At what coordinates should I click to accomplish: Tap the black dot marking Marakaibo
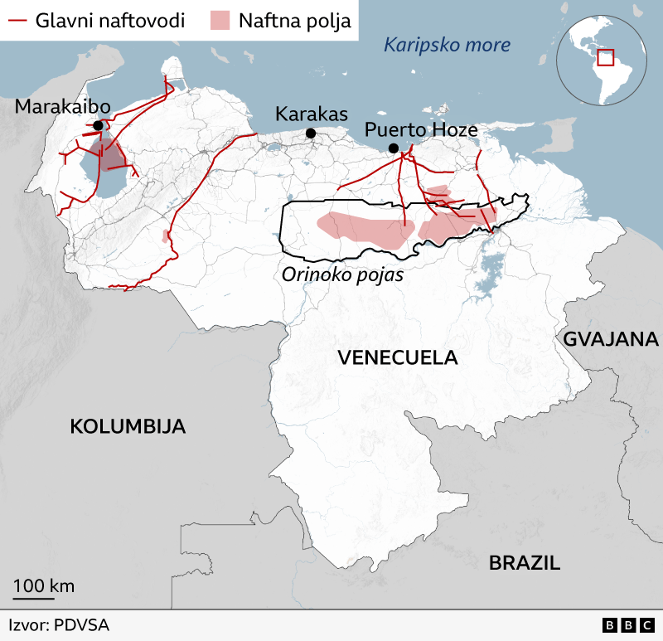click(99, 125)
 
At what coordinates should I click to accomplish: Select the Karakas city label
click(312, 114)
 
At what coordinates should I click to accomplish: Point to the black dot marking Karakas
click(311, 134)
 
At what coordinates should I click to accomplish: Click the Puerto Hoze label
click(421, 130)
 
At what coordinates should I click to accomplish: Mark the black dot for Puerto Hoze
click(394, 148)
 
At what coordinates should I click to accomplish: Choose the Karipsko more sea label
click(447, 45)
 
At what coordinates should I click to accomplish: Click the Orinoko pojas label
click(341, 274)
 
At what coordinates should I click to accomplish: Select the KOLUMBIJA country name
click(127, 426)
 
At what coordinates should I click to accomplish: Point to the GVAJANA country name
click(611, 338)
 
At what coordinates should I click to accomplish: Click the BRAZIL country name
click(524, 563)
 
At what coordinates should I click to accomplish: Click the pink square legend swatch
click(220, 20)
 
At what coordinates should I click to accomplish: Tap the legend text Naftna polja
click(294, 20)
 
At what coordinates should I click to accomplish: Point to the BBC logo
click(629, 625)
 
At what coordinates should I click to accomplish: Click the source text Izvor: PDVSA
click(59, 625)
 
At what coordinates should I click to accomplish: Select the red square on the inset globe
click(605, 57)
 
